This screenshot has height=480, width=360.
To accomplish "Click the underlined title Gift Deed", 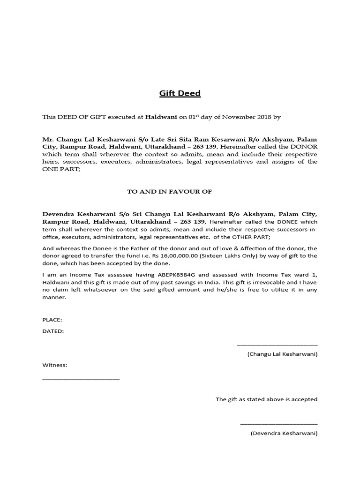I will pos(180,93).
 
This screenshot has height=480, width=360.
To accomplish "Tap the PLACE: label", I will pos(52,320).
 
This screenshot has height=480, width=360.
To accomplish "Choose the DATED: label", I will pos(53,331).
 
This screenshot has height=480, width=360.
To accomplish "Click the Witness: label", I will pos(55,365).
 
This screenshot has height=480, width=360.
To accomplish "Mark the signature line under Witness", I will pos(81,378).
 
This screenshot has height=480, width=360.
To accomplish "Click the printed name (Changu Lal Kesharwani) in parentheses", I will pos(282,354).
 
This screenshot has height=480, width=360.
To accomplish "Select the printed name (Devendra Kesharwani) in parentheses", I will pos(284,434).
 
